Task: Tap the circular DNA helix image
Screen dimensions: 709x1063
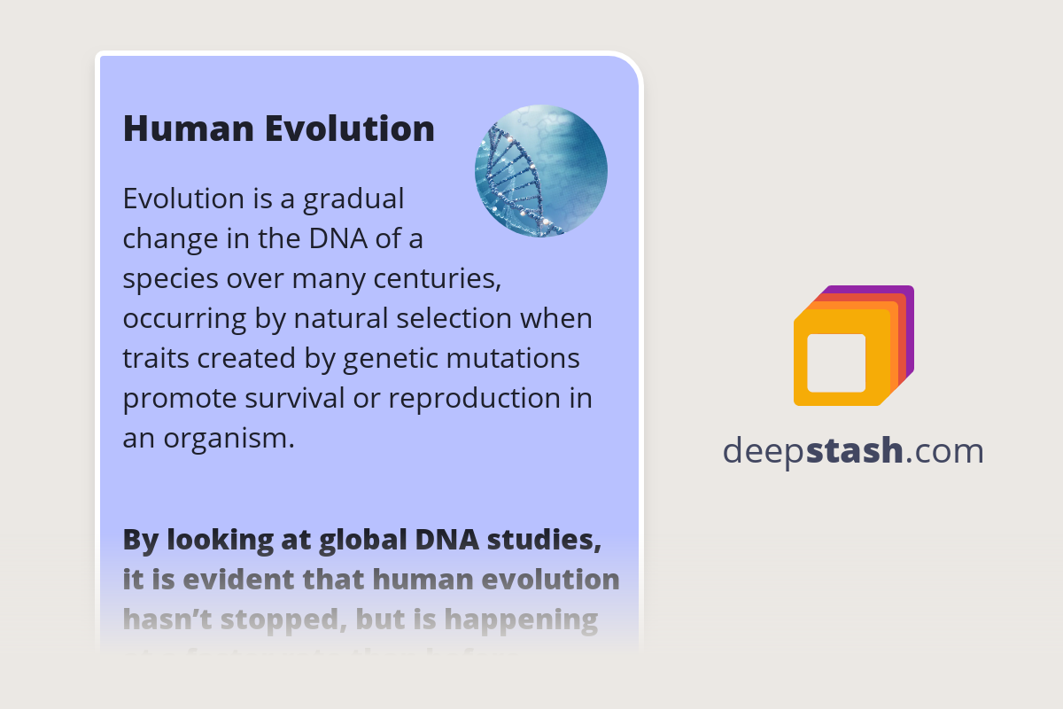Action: point(541,171)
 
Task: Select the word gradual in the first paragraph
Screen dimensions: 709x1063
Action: point(353,199)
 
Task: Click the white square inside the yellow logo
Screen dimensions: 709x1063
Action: point(836,362)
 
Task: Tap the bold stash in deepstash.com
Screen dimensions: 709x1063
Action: point(855,451)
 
